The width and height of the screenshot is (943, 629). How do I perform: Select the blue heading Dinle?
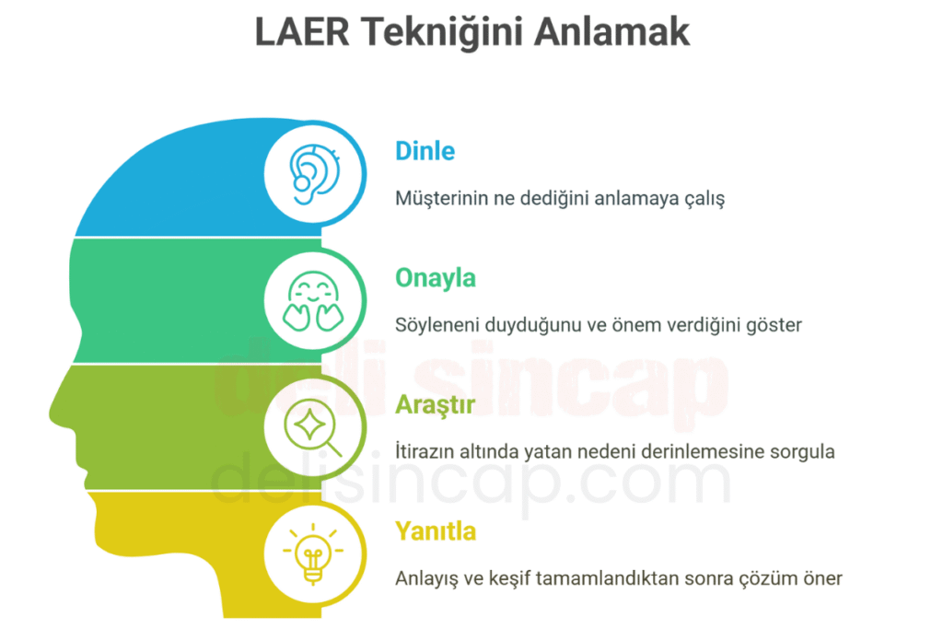click(x=425, y=150)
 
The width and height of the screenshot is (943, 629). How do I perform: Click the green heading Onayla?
click(x=436, y=277)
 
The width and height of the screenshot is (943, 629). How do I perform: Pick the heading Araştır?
click(x=436, y=404)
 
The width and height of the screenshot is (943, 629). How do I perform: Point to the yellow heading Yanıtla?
click(x=436, y=531)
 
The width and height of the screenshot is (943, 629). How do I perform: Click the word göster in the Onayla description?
click(x=775, y=325)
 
